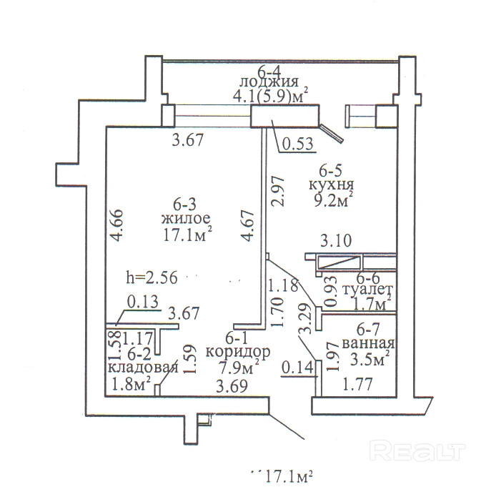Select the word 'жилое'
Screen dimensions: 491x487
click(184, 217)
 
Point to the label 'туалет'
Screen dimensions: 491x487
click(368, 290)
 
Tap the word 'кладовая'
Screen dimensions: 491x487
click(143, 368)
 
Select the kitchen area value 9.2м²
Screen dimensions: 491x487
click(334, 202)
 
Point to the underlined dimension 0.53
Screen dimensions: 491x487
click(296, 144)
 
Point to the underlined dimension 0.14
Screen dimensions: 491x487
click(298, 370)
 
